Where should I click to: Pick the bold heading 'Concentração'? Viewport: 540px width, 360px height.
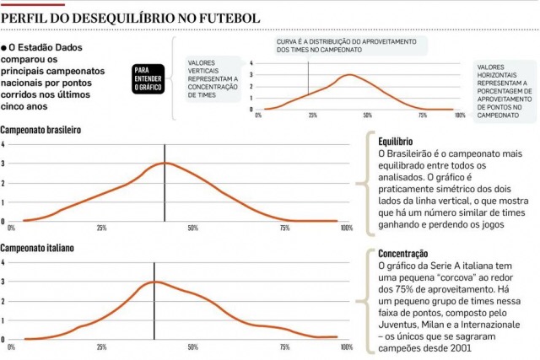point(403,254)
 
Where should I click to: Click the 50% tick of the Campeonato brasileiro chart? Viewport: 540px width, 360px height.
point(192,228)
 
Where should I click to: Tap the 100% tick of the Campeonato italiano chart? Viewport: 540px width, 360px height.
point(346,347)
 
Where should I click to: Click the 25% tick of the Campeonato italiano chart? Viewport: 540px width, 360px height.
point(101,347)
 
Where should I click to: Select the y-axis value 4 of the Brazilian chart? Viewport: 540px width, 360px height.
point(3,144)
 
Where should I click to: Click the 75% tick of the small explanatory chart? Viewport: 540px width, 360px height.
point(423,115)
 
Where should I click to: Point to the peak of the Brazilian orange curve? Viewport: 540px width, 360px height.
point(165,163)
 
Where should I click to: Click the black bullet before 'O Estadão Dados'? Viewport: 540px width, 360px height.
point(4,49)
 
